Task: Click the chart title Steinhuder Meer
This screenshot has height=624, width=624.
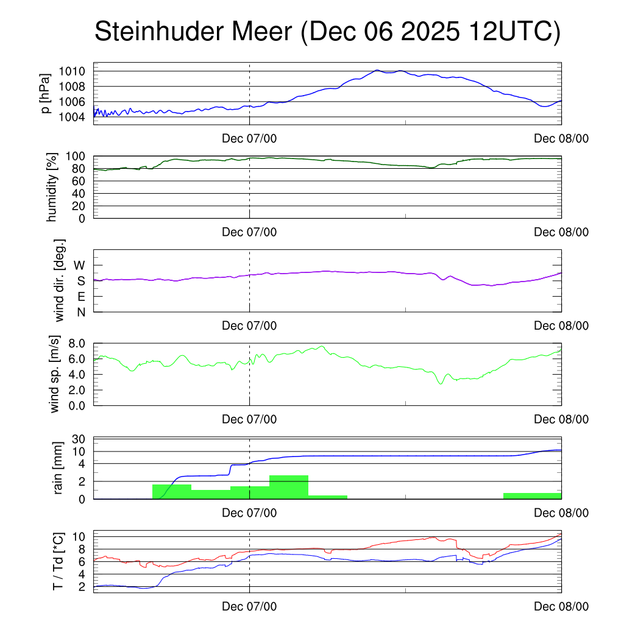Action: coord(326,32)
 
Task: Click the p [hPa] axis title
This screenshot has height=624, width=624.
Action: coord(45,93)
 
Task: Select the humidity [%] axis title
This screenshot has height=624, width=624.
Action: coord(52,187)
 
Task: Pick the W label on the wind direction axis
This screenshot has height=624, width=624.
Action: coord(80,266)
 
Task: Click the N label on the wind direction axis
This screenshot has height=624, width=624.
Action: coord(80,312)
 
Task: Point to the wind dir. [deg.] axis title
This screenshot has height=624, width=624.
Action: coord(60,280)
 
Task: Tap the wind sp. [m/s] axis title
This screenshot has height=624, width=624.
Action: coord(55,374)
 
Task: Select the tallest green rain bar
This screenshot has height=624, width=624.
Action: coord(288,487)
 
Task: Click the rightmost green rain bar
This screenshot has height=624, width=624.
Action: coord(532,495)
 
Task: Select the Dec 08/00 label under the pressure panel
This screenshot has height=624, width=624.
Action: coord(561,138)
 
